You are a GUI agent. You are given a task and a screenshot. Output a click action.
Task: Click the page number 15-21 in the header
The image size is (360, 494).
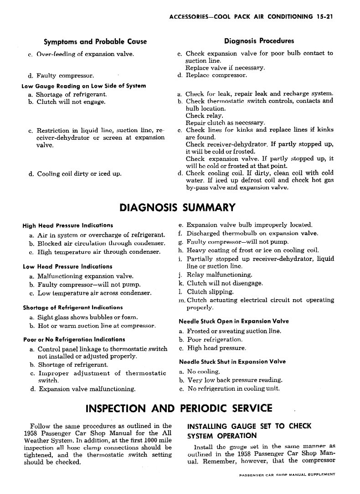(x=324, y=17)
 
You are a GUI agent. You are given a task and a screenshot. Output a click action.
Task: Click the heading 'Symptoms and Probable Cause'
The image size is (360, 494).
(x=95, y=42)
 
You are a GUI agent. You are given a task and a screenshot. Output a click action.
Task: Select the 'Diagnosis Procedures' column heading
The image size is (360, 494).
(x=259, y=41)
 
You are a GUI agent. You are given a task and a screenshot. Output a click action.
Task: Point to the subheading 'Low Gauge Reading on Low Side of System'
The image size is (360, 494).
(x=84, y=86)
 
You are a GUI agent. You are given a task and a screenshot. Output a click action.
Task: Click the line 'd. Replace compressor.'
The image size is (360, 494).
(x=212, y=75)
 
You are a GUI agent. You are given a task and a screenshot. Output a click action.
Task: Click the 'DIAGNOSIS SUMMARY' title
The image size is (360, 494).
(x=177, y=208)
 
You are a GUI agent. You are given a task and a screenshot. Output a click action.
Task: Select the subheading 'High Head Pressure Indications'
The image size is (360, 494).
(x=68, y=225)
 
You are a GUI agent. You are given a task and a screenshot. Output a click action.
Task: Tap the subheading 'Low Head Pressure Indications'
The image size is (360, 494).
(x=67, y=266)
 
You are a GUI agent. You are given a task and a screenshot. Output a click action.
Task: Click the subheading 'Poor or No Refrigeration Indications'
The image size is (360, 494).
(x=74, y=340)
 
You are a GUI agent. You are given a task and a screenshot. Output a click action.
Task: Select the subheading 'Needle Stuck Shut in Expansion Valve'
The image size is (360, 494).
(x=232, y=362)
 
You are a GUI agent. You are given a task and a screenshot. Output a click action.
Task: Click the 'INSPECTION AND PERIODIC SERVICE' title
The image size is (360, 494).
(x=179, y=408)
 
